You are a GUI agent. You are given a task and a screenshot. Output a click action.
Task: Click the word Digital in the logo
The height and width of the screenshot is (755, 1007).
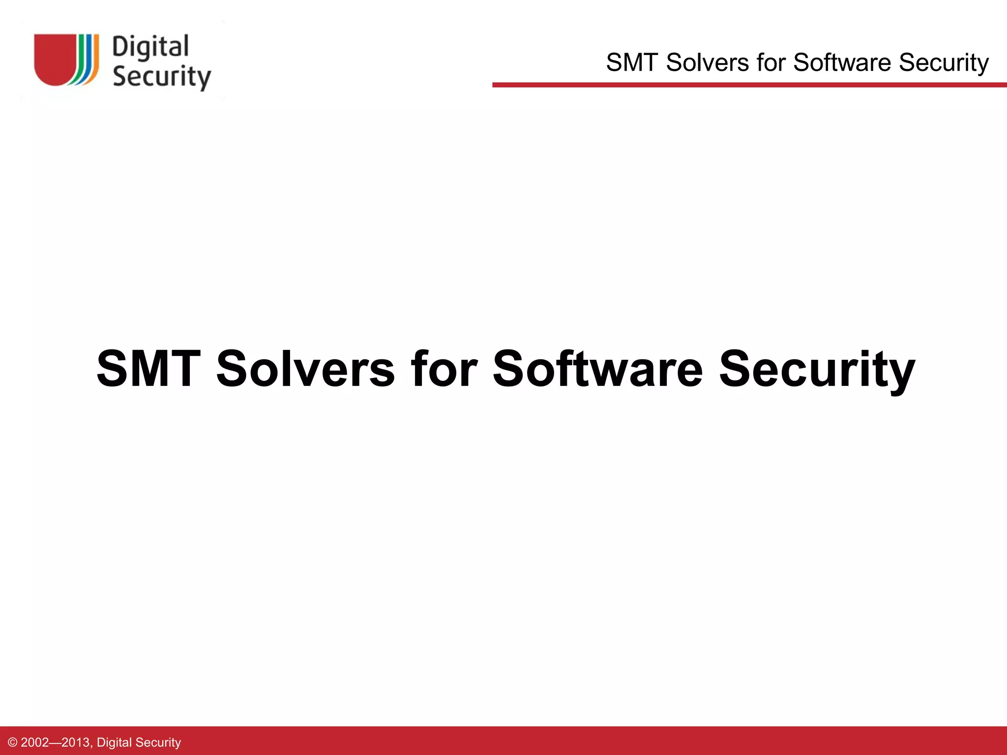[x=150, y=48]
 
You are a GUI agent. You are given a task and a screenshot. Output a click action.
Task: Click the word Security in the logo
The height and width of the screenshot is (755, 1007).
[x=161, y=77]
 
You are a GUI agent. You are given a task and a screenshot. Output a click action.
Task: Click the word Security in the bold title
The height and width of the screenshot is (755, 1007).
[x=817, y=370]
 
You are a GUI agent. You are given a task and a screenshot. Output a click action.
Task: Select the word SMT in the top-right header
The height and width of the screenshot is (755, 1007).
[x=632, y=63]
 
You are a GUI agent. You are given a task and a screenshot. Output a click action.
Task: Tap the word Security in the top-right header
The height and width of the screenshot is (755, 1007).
[x=944, y=63]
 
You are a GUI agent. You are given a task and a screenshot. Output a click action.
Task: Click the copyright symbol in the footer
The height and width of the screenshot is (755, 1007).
[x=13, y=742]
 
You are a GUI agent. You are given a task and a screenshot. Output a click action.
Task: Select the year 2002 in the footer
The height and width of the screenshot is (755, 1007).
[x=34, y=742]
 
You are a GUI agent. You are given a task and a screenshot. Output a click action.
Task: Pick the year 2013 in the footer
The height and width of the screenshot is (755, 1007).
[x=76, y=742]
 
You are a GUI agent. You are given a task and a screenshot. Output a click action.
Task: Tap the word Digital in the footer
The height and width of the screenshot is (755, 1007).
[x=114, y=742]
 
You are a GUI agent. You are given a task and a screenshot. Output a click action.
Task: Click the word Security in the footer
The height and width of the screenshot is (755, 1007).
[x=158, y=742]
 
